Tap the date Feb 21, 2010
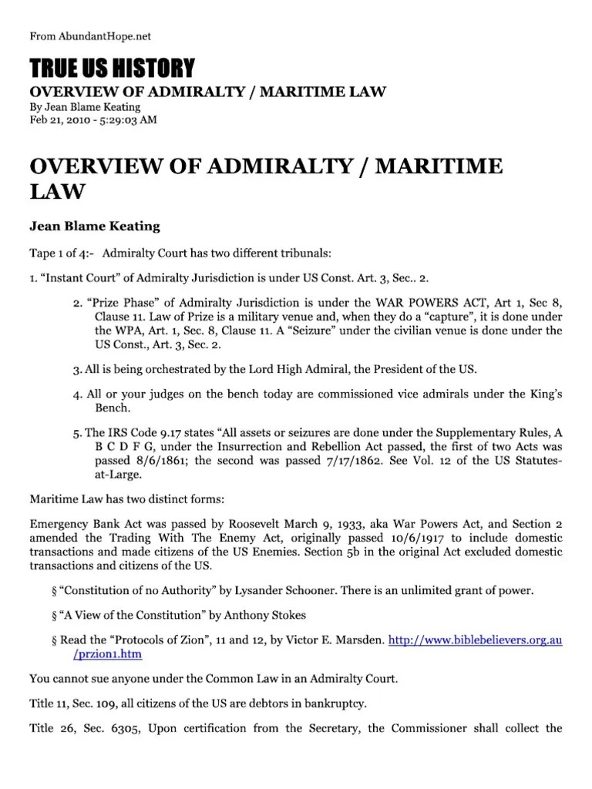[x=59, y=120]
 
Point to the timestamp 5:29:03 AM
[x=126, y=120]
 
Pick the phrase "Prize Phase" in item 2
[x=121, y=304]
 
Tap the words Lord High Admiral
[x=251, y=371]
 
